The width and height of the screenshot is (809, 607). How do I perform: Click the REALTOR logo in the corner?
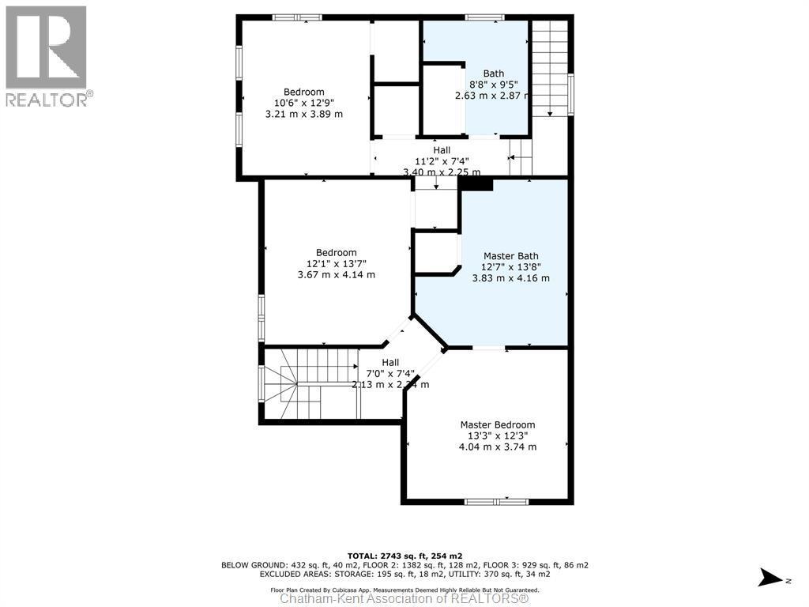click(47, 55)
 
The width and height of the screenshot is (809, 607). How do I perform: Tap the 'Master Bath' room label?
click(510, 256)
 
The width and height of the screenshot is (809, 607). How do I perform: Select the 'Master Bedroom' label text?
click(498, 424)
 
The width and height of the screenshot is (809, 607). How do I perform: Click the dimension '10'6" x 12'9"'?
click(304, 103)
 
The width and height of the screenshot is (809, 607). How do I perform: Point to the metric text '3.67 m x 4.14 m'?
click(336, 275)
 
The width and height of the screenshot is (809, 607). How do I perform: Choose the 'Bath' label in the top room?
click(494, 74)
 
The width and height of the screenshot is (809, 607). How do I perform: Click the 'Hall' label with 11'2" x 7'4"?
click(442, 149)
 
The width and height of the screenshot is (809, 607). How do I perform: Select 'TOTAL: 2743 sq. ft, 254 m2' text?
click(404, 556)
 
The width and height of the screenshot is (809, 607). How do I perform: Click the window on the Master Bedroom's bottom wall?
click(496, 501)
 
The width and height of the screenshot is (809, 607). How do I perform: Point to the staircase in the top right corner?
click(549, 67)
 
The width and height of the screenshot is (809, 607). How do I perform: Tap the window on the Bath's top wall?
click(484, 17)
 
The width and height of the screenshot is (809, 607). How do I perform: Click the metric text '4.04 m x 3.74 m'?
click(498, 447)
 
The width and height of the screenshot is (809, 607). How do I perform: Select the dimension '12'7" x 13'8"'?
click(510, 267)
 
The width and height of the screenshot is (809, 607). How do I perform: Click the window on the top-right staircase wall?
click(570, 95)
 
